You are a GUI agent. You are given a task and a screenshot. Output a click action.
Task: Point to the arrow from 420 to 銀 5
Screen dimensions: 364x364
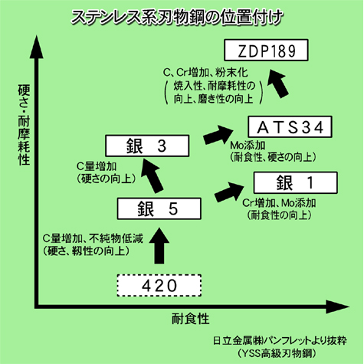(x=159, y=246)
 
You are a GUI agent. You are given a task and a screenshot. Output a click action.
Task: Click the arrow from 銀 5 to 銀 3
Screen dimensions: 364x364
(x=152, y=175)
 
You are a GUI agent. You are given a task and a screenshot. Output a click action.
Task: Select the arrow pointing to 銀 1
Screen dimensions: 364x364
(x=229, y=192)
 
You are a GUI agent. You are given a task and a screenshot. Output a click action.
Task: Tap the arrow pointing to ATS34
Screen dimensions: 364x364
(x=218, y=135)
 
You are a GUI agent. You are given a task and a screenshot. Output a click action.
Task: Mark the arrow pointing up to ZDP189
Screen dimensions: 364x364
(x=278, y=84)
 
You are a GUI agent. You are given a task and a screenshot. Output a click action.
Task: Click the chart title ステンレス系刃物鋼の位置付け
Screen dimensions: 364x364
(x=177, y=18)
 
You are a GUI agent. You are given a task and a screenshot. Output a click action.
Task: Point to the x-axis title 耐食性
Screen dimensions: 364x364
(x=191, y=319)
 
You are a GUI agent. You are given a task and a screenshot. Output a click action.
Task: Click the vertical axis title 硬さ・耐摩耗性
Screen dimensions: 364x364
(x=25, y=125)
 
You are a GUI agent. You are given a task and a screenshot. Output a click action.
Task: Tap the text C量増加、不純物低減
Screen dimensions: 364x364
(x=93, y=238)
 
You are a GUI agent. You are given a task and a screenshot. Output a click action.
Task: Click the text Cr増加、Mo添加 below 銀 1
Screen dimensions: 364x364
(x=279, y=203)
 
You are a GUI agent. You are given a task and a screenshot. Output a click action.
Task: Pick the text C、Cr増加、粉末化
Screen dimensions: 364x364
(x=205, y=73)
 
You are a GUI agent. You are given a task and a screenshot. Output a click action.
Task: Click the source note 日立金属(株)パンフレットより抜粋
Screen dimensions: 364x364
(x=280, y=341)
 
